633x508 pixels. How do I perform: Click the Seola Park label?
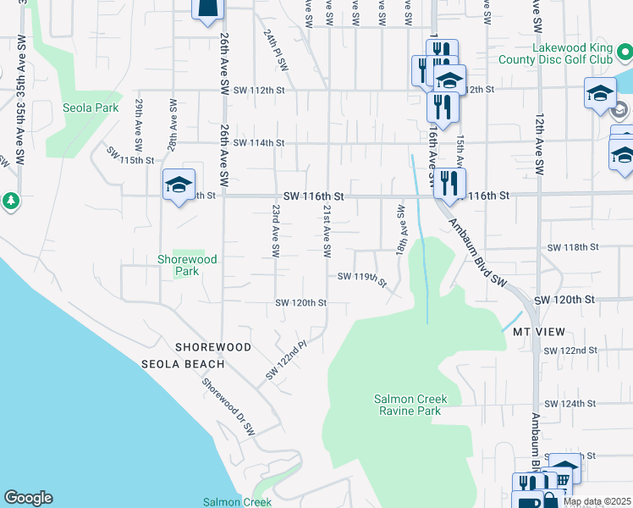90,108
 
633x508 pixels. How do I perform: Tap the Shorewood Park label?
188,265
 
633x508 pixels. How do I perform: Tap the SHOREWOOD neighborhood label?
213,347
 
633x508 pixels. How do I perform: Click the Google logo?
28,498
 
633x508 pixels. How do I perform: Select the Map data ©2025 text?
597,501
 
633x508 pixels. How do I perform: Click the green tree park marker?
10,202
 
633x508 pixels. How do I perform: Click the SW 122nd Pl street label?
284,361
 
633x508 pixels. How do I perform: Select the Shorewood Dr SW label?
228,405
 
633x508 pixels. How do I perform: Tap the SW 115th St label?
130,157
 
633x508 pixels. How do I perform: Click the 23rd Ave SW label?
276,231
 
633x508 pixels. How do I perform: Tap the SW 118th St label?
573,247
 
